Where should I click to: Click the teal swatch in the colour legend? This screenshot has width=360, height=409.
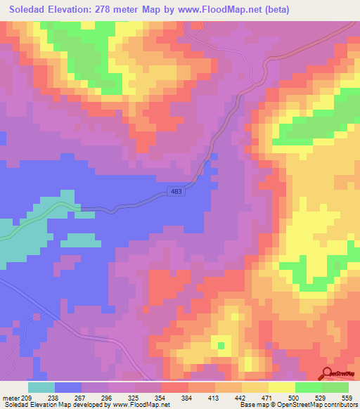(41, 387)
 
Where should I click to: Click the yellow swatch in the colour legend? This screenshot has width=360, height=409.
(282, 387)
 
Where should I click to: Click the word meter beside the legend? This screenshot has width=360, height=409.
(11, 398)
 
